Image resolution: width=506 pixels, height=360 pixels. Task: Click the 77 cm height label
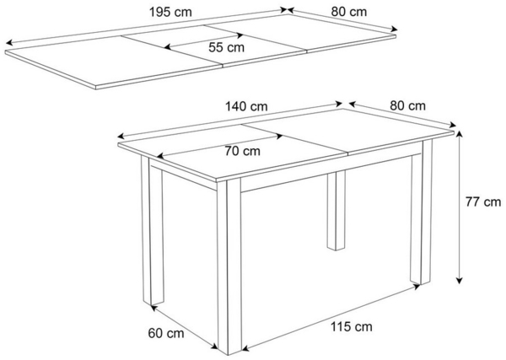484,202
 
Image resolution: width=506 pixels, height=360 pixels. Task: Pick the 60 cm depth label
165,333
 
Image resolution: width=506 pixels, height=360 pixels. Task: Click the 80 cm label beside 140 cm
407,106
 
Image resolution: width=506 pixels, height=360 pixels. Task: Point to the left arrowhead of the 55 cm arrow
166,47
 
